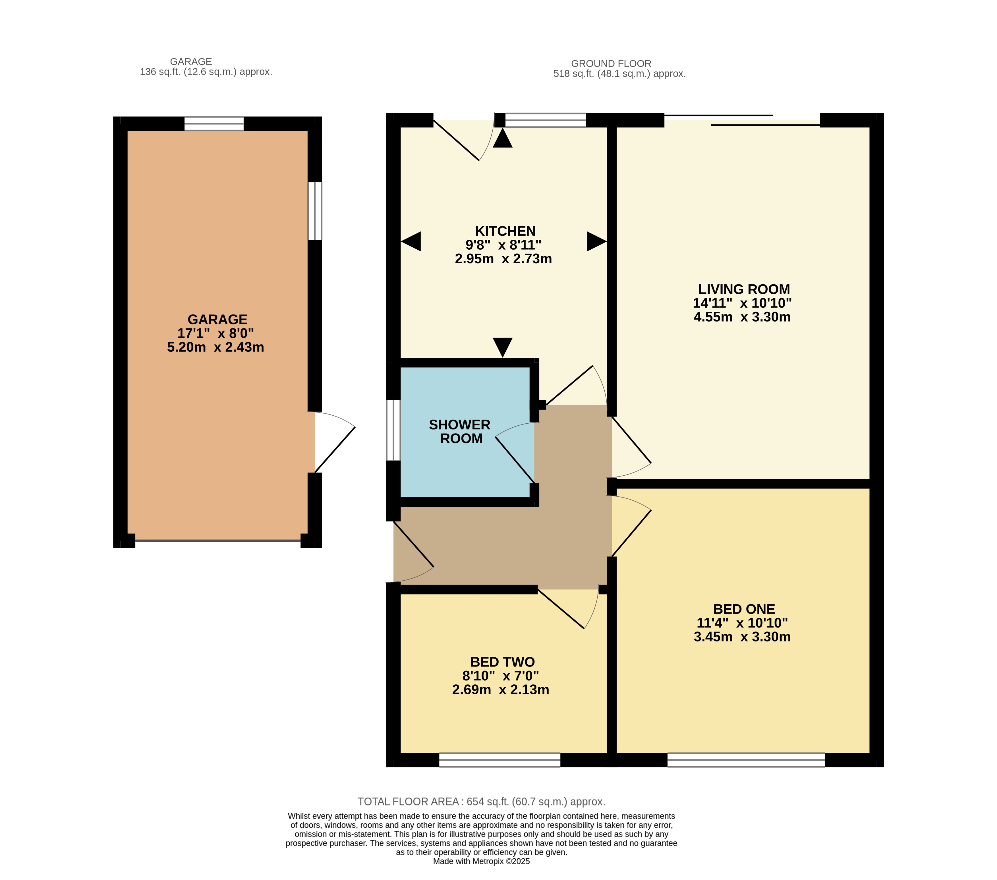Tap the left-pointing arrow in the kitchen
pos(411,241)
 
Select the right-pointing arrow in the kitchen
pos(596,241)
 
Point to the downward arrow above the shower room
pos(502,347)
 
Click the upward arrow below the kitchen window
pos(502,138)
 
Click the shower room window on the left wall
pos(393,430)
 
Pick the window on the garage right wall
pos(315,211)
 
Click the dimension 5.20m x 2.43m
pos(215,347)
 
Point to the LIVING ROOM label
pos(744,289)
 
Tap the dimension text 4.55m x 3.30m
pos(742,317)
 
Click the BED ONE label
pos(744,609)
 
